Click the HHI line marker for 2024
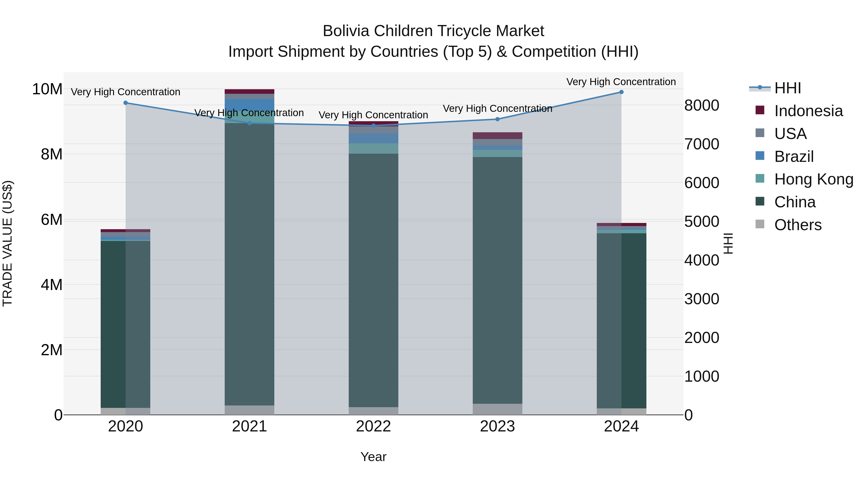(x=621, y=92)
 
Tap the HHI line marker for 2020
(x=125, y=103)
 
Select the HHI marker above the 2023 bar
(x=498, y=119)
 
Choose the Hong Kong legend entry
(x=814, y=179)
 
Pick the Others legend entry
(x=798, y=225)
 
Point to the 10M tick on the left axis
(x=47, y=89)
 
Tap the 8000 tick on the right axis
(x=702, y=106)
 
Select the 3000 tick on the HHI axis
(x=702, y=299)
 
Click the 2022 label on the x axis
(x=373, y=426)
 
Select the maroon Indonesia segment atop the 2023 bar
(x=498, y=135)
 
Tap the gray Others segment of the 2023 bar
(x=498, y=409)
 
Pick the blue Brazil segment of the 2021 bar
(x=250, y=105)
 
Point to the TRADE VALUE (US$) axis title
(x=7, y=243)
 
